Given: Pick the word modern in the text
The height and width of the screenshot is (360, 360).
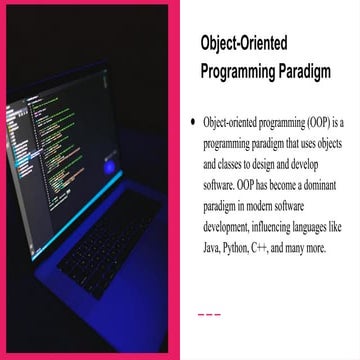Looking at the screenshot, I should (270, 212).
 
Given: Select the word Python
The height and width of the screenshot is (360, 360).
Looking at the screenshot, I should (252, 248).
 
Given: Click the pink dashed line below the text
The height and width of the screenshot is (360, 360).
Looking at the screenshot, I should (209, 315).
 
